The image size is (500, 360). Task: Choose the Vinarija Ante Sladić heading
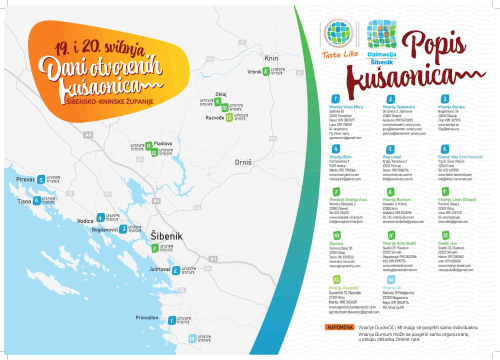coord(400,242)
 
